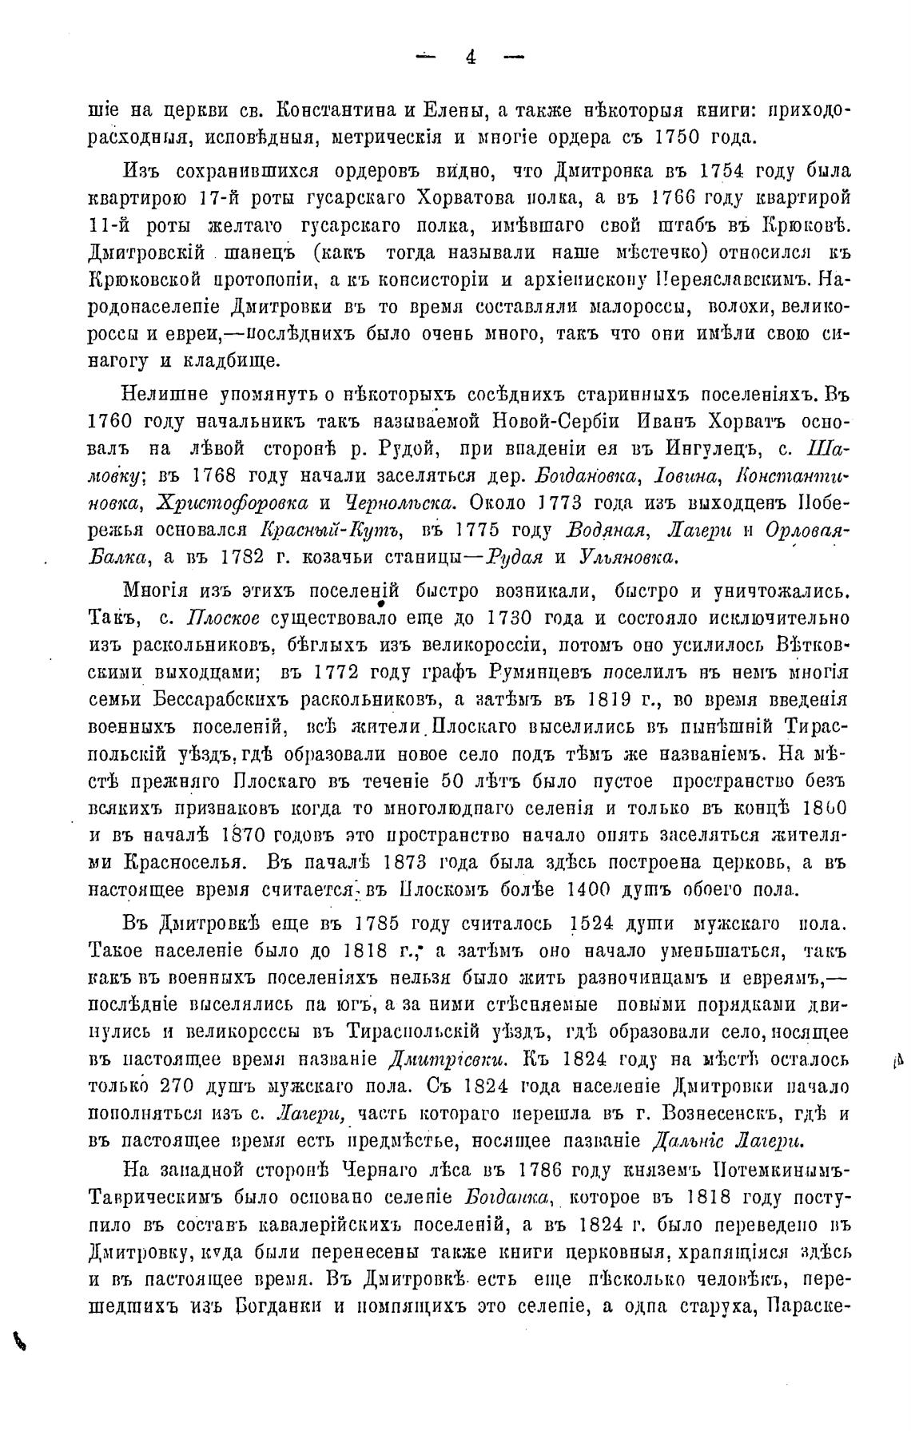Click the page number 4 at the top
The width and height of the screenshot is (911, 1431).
[x=471, y=57]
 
